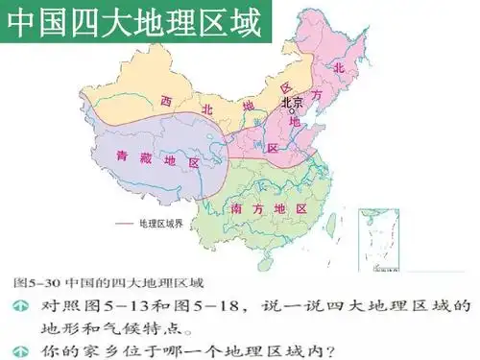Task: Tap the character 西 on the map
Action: pos(166,100)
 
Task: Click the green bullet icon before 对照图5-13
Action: pos(19,305)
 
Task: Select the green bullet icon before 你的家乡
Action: pos(19,348)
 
